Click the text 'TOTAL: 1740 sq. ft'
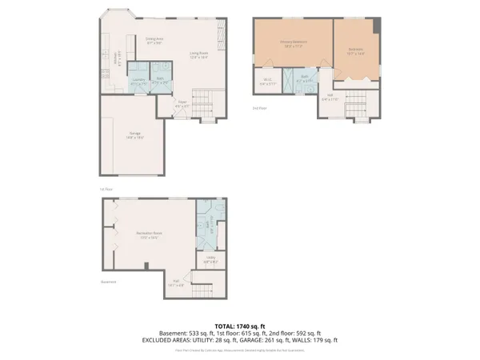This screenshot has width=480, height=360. [x=239, y=326]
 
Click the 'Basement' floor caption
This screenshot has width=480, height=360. [x=109, y=282]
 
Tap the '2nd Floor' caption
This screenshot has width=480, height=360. [x=258, y=106]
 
